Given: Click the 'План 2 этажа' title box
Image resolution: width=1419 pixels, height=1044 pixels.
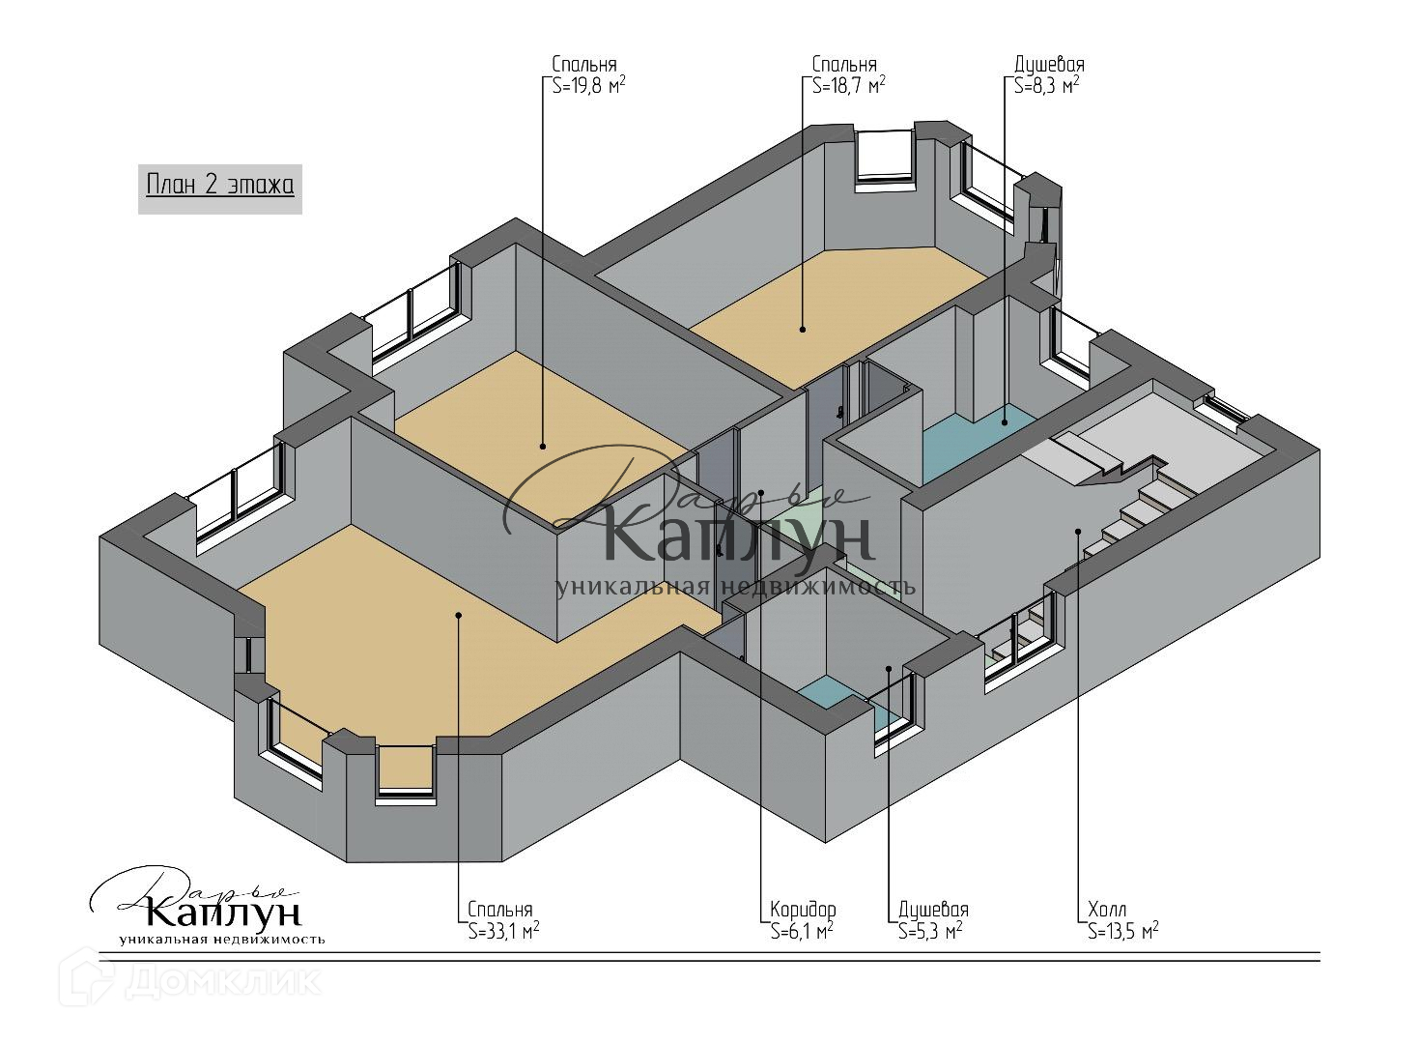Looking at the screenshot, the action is [x=220, y=185].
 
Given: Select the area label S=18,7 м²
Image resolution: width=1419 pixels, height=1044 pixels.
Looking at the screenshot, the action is [x=848, y=85].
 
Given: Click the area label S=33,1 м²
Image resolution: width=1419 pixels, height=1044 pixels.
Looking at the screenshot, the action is [x=503, y=931].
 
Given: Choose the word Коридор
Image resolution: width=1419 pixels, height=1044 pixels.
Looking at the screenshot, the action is [x=803, y=910].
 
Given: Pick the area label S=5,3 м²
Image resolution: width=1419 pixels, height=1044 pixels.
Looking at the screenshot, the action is [x=929, y=931].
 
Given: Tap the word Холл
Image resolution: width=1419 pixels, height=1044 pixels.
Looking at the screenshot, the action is [x=1106, y=910].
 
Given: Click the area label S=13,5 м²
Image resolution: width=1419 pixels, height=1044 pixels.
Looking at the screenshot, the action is [x=1122, y=931].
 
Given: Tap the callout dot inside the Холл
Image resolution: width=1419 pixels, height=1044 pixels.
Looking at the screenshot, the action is [x=1078, y=531].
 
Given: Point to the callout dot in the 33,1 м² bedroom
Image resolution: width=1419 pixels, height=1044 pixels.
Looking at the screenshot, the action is [x=458, y=614].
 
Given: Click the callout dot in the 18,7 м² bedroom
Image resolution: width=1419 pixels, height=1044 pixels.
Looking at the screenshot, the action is [x=802, y=330].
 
